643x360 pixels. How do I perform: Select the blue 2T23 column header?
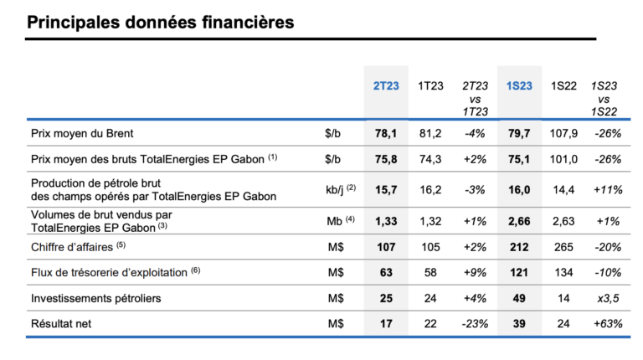point(386,86)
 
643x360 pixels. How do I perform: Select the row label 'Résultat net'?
point(64,324)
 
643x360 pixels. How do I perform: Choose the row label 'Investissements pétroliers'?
point(97,299)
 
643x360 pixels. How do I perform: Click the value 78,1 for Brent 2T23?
point(385,132)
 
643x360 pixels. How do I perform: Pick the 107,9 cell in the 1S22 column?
point(562,132)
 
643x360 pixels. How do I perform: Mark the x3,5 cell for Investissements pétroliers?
point(607,299)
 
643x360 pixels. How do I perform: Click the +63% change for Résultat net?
point(607,324)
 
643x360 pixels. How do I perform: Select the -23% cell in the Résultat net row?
point(475,324)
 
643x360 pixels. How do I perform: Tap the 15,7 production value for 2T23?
point(385,190)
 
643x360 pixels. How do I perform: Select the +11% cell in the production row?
point(607,190)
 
